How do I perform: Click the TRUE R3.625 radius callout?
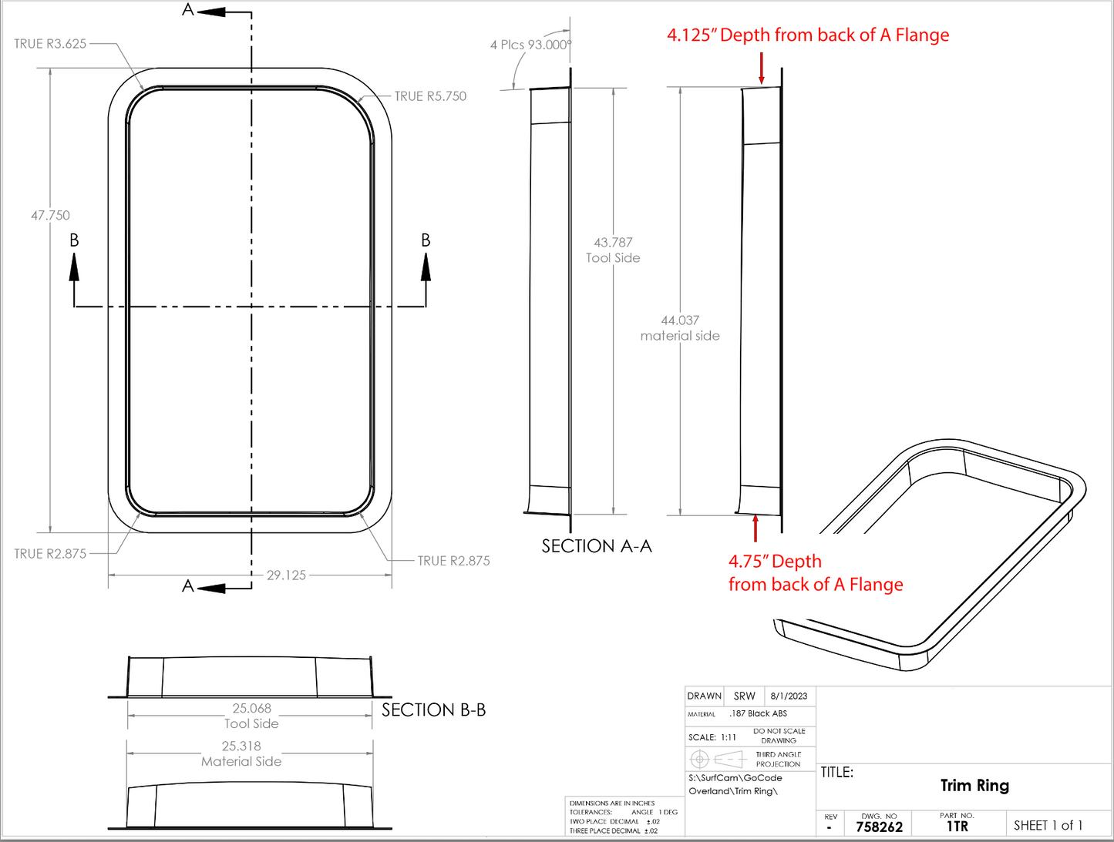(50, 44)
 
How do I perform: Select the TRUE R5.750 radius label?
(430, 96)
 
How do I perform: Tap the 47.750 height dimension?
(50, 216)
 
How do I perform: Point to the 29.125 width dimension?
(286, 575)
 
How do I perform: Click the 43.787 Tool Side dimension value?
(613, 243)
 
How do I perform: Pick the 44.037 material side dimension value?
(680, 320)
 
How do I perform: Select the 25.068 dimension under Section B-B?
(251, 709)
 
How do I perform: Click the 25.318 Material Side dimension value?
(241, 746)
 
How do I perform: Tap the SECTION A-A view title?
(597, 546)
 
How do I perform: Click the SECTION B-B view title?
(433, 710)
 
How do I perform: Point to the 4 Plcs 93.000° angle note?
(530, 45)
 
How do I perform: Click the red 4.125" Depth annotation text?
(808, 35)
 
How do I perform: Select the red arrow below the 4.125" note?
(762, 69)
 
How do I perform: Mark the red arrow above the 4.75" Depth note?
(756, 528)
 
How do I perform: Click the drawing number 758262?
(879, 827)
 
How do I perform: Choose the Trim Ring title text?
(974, 786)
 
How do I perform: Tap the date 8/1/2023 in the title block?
(789, 696)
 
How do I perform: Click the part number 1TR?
(957, 827)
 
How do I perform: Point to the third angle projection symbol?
(716, 760)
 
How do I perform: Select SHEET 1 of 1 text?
(1048, 826)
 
